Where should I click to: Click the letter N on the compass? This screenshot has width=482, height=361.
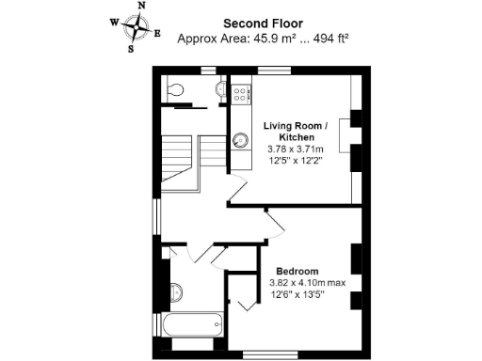click(x=141, y=6)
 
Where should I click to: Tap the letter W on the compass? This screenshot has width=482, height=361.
click(x=114, y=21)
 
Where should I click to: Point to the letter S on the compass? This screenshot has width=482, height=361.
click(x=131, y=50)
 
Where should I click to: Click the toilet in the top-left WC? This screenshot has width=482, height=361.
click(x=174, y=90)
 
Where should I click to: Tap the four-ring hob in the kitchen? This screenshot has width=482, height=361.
click(x=240, y=94)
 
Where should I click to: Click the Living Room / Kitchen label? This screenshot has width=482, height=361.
click(x=296, y=132)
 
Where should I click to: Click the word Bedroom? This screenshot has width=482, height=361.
click(x=297, y=271)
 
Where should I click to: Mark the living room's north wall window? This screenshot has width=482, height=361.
click(x=274, y=70)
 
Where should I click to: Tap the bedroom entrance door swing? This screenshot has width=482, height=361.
click(x=273, y=224)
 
